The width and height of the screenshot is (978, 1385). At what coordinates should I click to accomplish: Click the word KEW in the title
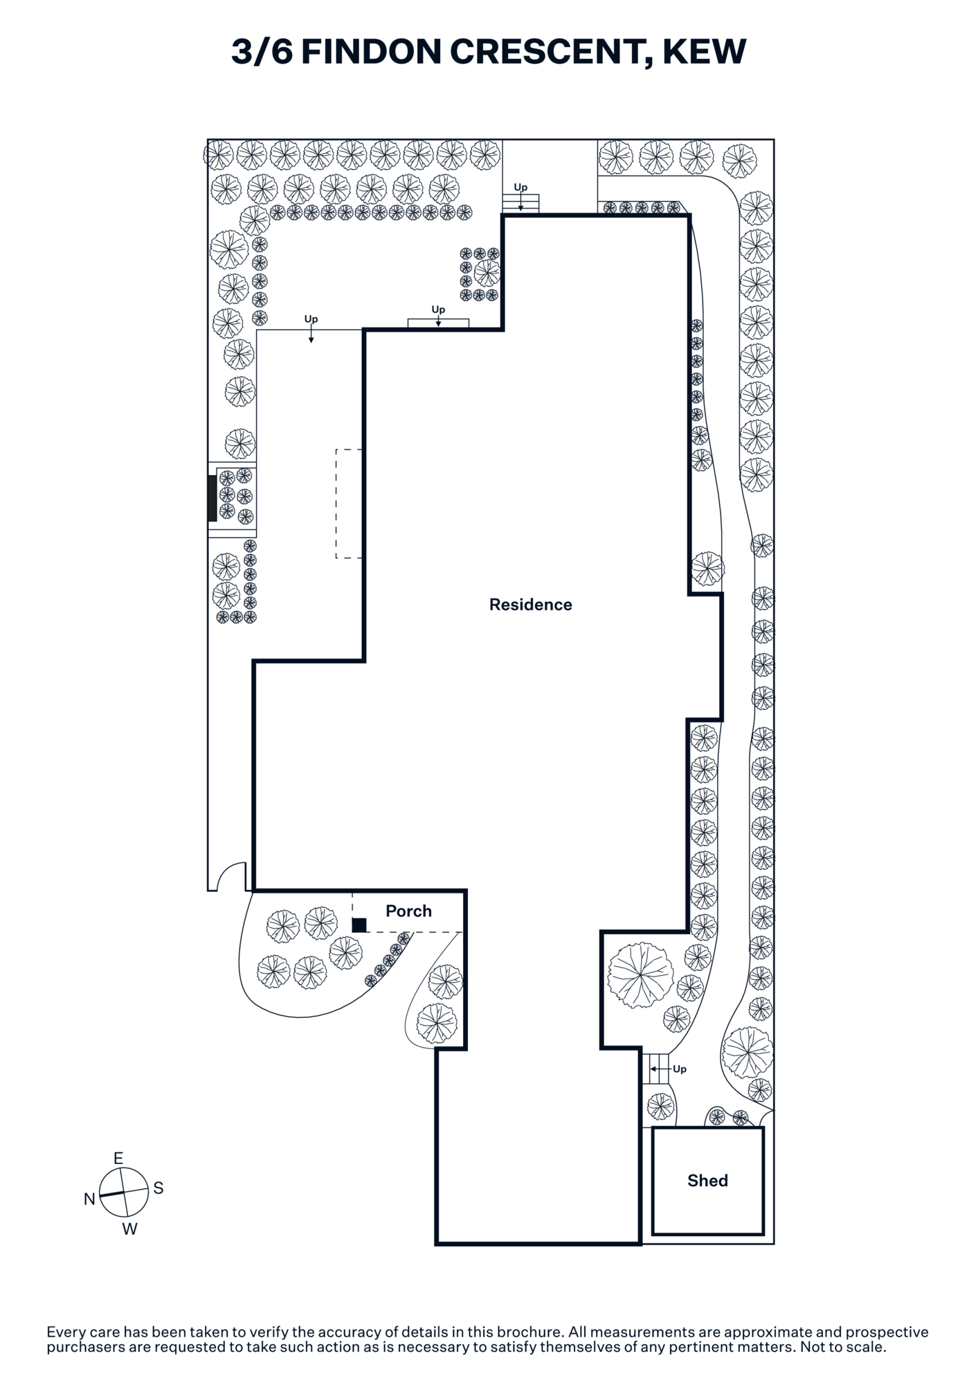[x=705, y=52]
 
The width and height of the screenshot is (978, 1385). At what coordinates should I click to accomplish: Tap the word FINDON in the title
[x=370, y=52]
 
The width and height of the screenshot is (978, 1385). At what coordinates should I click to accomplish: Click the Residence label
[x=531, y=605]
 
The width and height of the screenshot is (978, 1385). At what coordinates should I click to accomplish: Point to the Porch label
[x=408, y=911]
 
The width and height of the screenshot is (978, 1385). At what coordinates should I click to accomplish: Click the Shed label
[x=707, y=1181]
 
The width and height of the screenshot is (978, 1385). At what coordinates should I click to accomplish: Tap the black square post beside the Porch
[x=359, y=924]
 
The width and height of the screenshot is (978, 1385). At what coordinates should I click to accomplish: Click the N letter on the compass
[x=89, y=1199]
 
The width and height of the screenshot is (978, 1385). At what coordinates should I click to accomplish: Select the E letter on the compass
[x=118, y=1159]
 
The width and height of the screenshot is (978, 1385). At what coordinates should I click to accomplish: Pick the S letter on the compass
[x=159, y=1188]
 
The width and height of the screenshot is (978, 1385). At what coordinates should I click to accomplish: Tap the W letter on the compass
[x=129, y=1229]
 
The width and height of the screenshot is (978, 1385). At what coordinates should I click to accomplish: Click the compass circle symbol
[x=124, y=1192]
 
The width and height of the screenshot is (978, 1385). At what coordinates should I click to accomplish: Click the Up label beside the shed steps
[x=680, y=1069]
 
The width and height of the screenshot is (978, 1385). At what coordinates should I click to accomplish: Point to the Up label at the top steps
[x=520, y=187]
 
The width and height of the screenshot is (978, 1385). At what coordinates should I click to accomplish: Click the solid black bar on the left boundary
[x=212, y=499]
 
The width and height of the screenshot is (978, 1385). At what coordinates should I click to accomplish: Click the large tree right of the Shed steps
[x=747, y=1053]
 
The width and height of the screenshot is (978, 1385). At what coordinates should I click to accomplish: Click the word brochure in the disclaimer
[x=528, y=1332]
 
